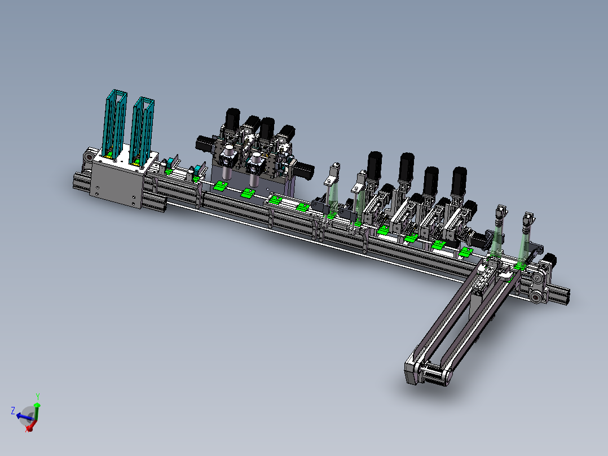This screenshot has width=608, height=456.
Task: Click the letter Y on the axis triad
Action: (38, 397)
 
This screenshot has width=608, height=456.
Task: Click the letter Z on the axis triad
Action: (13, 411)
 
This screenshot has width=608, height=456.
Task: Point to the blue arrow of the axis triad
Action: (24, 417)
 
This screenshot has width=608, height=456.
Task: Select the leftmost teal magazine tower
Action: (114, 124)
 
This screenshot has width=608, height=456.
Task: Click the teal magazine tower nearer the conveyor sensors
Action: (142, 130)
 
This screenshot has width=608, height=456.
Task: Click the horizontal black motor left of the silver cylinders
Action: (205, 143)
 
